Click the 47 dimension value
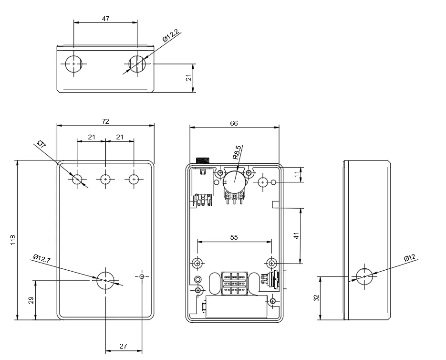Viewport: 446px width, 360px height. point(106,19)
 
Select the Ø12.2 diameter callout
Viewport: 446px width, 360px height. point(170,36)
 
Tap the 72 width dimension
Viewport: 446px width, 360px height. point(105,121)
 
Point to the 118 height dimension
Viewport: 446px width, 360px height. point(13,240)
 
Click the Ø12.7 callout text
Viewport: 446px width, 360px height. point(42,259)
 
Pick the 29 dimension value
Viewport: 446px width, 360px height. point(31,300)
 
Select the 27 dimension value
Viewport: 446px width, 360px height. point(123,346)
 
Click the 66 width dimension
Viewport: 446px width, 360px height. point(234,123)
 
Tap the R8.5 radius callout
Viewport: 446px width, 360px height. point(237,152)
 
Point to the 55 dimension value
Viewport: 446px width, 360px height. point(234,237)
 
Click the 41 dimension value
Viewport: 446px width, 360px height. point(296,236)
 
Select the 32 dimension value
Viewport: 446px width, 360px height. point(316,298)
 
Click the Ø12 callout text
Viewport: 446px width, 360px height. point(410,258)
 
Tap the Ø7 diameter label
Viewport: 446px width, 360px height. point(41,144)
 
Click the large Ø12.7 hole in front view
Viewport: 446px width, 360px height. point(105,280)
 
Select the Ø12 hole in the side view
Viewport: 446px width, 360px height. point(365,276)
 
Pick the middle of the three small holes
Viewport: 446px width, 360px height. point(105,179)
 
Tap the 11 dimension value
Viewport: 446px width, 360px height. point(296,175)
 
